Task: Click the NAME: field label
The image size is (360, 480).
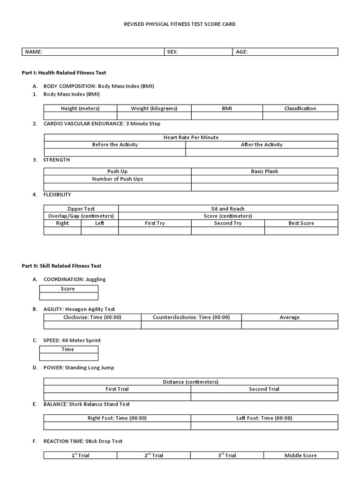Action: [x=34, y=52]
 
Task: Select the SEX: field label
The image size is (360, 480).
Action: [x=172, y=52]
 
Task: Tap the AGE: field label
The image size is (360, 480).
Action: [x=242, y=52]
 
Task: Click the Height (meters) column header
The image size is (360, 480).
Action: [x=80, y=108]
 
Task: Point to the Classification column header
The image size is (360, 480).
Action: [x=300, y=108]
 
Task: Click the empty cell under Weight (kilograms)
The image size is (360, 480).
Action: [x=154, y=116]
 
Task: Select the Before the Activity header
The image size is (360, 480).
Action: [x=115, y=145]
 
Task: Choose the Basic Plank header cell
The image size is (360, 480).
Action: [x=264, y=172]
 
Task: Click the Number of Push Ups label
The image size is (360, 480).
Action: [x=118, y=179]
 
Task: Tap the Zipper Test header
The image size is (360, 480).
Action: [x=81, y=209]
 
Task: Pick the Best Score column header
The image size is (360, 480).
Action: [x=301, y=223]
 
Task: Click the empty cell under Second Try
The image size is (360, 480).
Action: [x=228, y=231]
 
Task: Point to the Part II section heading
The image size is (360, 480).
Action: [x=61, y=266]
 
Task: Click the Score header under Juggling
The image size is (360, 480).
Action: [x=68, y=289]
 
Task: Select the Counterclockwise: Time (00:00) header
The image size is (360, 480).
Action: [x=191, y=317]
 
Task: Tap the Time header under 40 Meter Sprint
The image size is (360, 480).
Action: [x=68, y=349]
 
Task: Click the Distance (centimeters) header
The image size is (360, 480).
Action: [x=191, y=382]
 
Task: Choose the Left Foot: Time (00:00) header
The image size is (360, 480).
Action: [x=264, y=418]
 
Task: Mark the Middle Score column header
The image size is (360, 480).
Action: [x=300, y=455]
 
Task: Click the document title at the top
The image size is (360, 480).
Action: [x=180, y=24]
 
